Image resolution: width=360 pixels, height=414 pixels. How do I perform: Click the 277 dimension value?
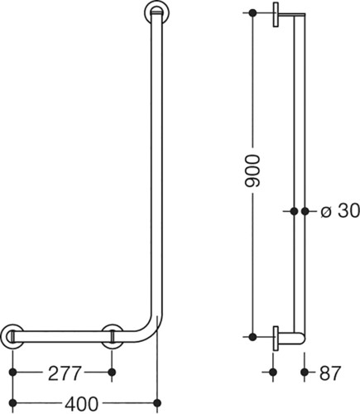pyautogui.click(x=65, y=373)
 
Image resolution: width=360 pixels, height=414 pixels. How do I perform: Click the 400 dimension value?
pyautogui.click(x=81, y=404)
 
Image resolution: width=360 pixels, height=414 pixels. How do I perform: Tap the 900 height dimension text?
pyautogui.click(x=252, y=171)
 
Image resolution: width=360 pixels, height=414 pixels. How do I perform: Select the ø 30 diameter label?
pyautogui.click(x=340, y=211)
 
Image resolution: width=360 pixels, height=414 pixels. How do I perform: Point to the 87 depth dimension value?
pyautogui.click(x=330, y=373)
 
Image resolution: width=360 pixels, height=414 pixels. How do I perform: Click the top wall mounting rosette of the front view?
pyautogui.click(x=157, y=12)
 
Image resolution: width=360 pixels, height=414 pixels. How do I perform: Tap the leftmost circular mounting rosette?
pyautogui.click(x=12, y=336)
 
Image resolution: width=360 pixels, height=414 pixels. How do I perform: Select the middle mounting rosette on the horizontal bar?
pyautogui.click(x=112, y=336)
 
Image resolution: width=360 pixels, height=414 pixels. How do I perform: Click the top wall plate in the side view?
pyautogui.click(x=276, y=15)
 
